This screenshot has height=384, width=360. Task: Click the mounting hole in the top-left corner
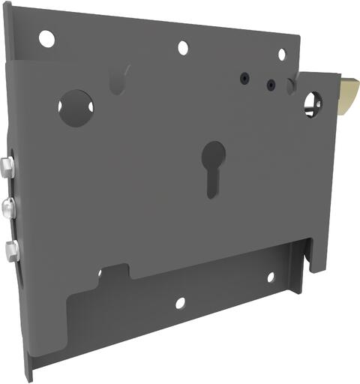pos(46,37)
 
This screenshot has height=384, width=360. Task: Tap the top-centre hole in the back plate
pos(183,48)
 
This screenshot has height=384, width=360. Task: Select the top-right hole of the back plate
pos(282,54)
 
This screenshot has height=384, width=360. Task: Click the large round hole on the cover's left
pos(76,107)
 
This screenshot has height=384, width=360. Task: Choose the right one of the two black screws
pos(270,85)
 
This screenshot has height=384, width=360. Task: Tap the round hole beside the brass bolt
pos(313,103)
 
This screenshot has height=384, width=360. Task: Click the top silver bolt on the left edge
pos(6,168)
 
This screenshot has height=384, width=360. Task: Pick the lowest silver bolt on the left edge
pos(10,250)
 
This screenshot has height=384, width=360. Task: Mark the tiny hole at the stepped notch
pos(100,272)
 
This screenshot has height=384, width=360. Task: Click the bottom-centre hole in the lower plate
pos(180,303)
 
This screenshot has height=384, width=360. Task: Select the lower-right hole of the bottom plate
pos(271,277)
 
